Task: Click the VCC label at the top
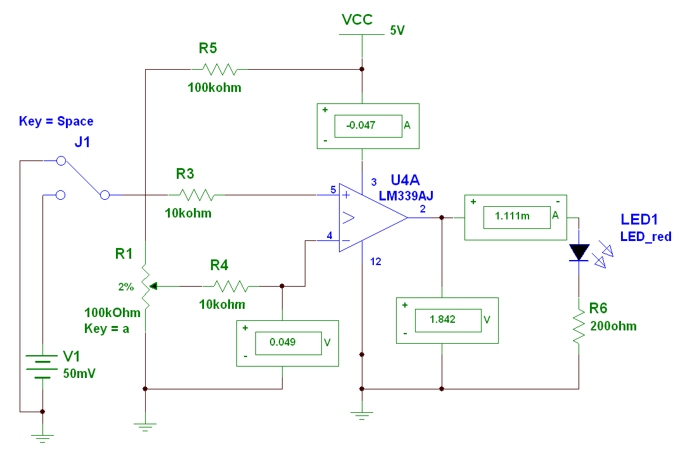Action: pyautogui.click(x=357, y=20)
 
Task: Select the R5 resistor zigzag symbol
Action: pyautogui.click(x=218, y=68)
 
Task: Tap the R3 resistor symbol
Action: pyautogui.click(x=196, y=194)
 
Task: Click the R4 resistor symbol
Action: pyautogui.click(x=231, y=285)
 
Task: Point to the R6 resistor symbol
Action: pyautogui.click(x=578, y=327)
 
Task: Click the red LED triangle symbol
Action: pyautogui.click(x=579, y=252)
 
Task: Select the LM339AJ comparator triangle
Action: pyautogui.click(x=371, y=218)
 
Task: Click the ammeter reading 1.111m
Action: pyautogui.click(x=516, y=218)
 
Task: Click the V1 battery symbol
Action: pyautogui.click(x=42, y=367)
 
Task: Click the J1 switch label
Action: pyautogui.click(x=82, y=143)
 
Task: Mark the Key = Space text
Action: pyautogui.click(x=56, y=121)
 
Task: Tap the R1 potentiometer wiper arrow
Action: pyautogui.click(x=153, y=286)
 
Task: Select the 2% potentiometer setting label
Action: pyautogui.click(x=125, y=287)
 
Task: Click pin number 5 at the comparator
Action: pyautogui.click(x=333, y=190)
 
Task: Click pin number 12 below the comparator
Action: pyautogui.click(x=376, y=261)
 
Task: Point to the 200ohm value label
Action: pyautogui.click(x=613, y=326)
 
